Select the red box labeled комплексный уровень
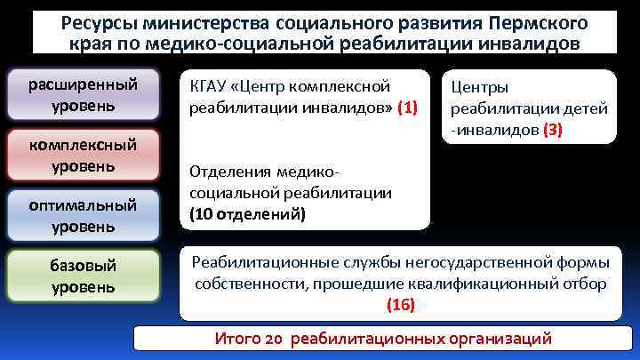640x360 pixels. tap(83, 155)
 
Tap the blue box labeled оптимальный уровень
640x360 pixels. tap(83, 215)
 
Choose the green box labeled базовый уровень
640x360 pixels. tap(83, 276)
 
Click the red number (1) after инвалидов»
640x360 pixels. tap(407, 108)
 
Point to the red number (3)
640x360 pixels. tap(552, 130)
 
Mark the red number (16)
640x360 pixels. tap(401, 305)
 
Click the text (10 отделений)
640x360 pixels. tap(247, 214)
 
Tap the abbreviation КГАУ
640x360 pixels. tap(212, 87)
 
